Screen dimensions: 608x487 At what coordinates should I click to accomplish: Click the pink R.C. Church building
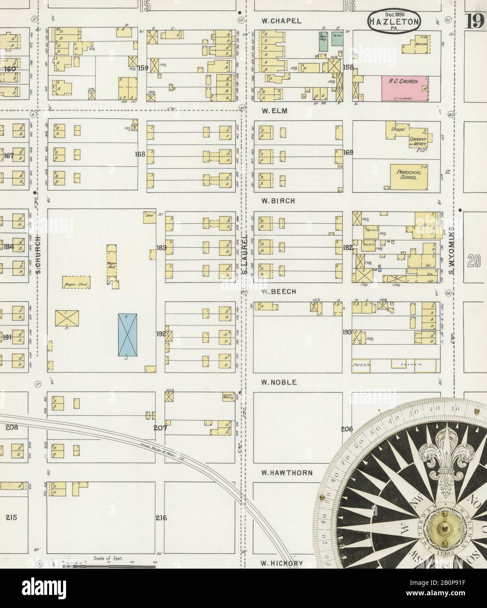406,86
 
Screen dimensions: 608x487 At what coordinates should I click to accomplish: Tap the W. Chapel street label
282,21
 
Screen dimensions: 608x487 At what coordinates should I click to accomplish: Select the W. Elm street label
275,111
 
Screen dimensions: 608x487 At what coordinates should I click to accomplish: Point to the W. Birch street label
278,201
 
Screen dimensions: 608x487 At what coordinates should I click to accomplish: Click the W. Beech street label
279,291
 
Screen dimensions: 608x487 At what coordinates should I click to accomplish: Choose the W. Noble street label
279,382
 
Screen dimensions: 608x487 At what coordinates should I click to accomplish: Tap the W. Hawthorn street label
287,473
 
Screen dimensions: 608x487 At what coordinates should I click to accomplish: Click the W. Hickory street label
282,563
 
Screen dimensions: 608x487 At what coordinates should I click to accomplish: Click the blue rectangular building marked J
126,334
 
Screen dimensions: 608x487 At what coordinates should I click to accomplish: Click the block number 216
161,518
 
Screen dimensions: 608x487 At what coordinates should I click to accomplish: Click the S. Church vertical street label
39,255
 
